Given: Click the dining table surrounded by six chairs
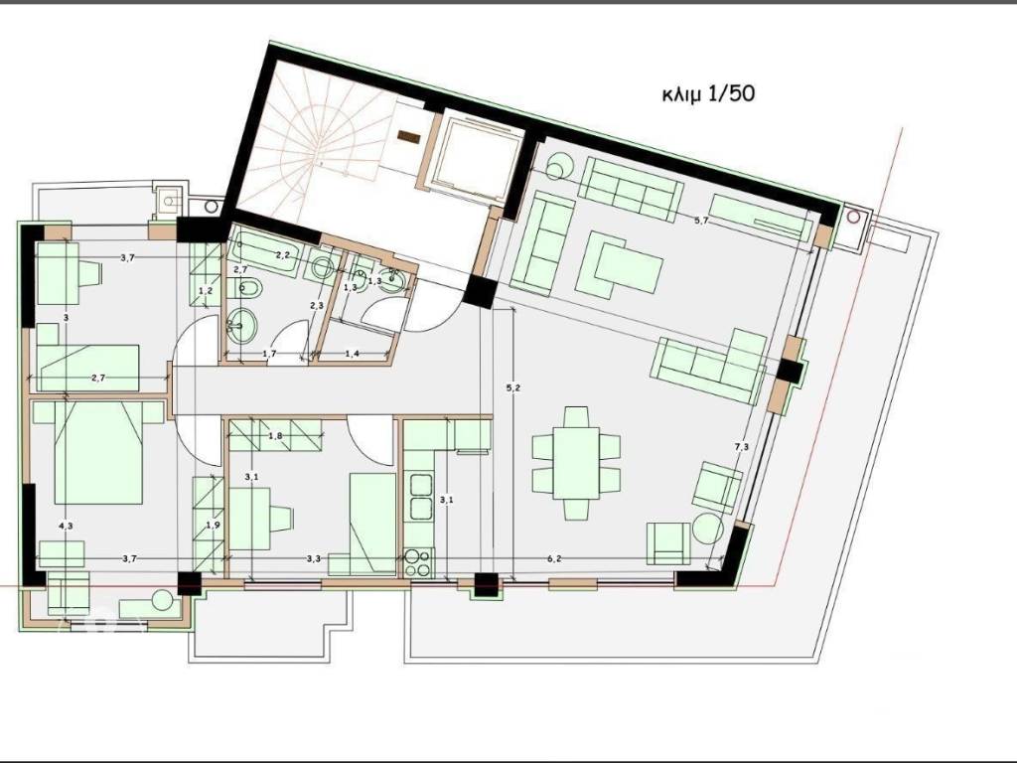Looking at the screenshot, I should coord(576,462).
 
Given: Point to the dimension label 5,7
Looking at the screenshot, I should coord(701,220).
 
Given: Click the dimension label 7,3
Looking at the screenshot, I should coord(741,448).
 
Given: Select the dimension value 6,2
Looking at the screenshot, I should coord(553,559).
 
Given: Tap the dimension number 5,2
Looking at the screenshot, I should coord(512,387).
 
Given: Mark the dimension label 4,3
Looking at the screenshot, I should coord(66,526).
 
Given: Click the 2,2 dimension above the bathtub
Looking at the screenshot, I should coord(282,255).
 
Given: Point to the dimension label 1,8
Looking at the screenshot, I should coord(276,436).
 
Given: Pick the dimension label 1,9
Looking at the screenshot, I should coord(211,525).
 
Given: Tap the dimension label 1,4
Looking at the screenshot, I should coord(352,354).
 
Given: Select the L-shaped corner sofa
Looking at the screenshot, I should coord(710,363).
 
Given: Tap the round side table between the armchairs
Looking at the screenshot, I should coord(707,529).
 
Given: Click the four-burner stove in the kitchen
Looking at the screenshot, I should coord(417,562).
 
